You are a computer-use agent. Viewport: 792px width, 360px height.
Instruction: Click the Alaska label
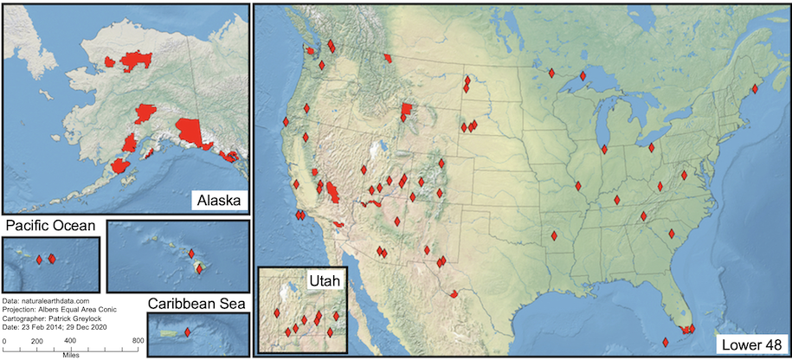click(x=216, y=201)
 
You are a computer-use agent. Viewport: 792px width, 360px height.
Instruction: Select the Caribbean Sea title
click(x=197, y=304)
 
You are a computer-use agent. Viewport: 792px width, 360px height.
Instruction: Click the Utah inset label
click(x=325, y=280)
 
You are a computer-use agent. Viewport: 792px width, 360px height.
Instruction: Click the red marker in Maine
click(x=755, y=88)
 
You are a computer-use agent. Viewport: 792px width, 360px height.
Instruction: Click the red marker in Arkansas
click(x=554, y=236)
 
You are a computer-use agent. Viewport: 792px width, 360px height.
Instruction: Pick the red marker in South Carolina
click(x=672, y=233)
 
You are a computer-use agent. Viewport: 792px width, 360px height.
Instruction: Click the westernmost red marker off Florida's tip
click(x=666, y=341)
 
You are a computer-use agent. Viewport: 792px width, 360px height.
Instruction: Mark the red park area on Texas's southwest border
click(x=454, y=293)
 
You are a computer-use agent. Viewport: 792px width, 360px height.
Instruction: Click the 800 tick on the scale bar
click(x=137, y=342)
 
